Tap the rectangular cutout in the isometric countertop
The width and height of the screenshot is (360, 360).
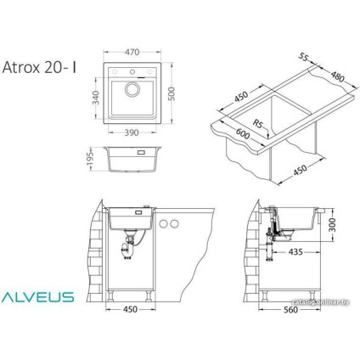[280, 119]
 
